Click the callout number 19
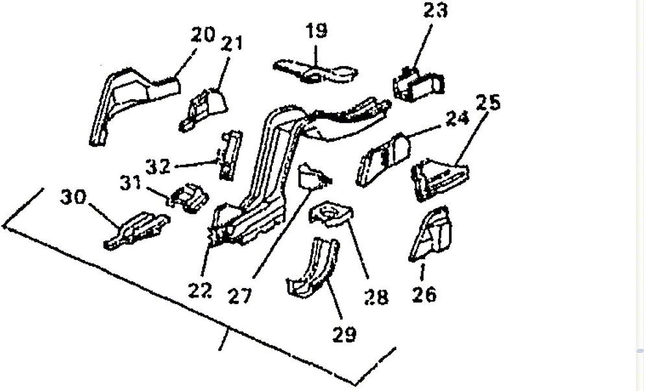click(x=317, y=30)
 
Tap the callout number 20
click(x=202, y=35)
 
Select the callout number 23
click(x=435, y=10)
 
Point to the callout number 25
click(x=489, y=102)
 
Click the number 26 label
click(x=424, y=294)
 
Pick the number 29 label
click(x=345, y=335)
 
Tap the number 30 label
click(x=73, y=196)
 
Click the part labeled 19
click(x=315, y=73)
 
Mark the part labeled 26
click(x=432, y=234)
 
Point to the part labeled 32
click(x=230, y=156)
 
